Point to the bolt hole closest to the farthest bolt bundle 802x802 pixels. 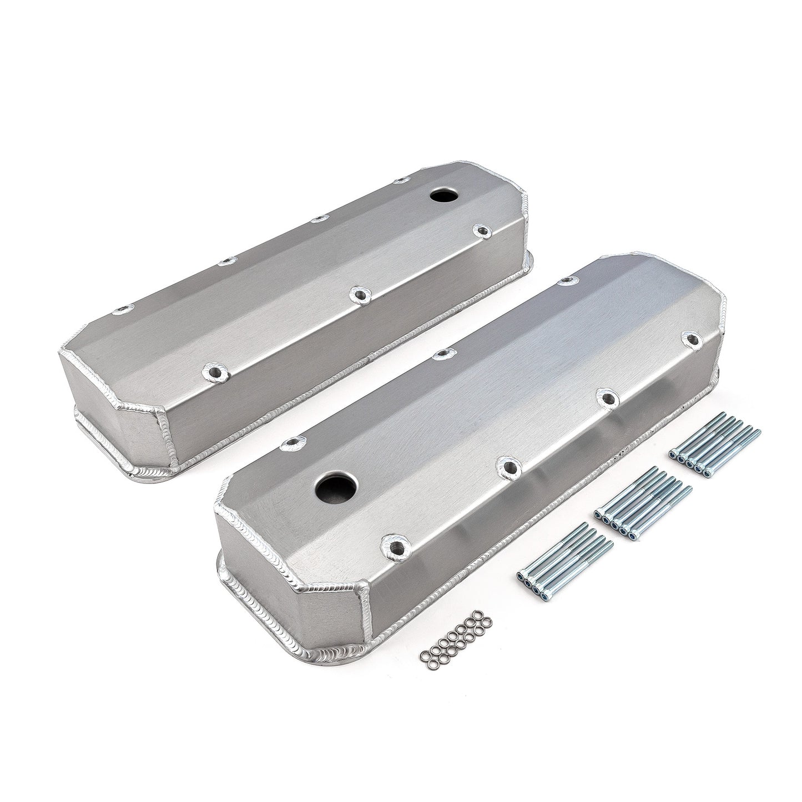692,338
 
